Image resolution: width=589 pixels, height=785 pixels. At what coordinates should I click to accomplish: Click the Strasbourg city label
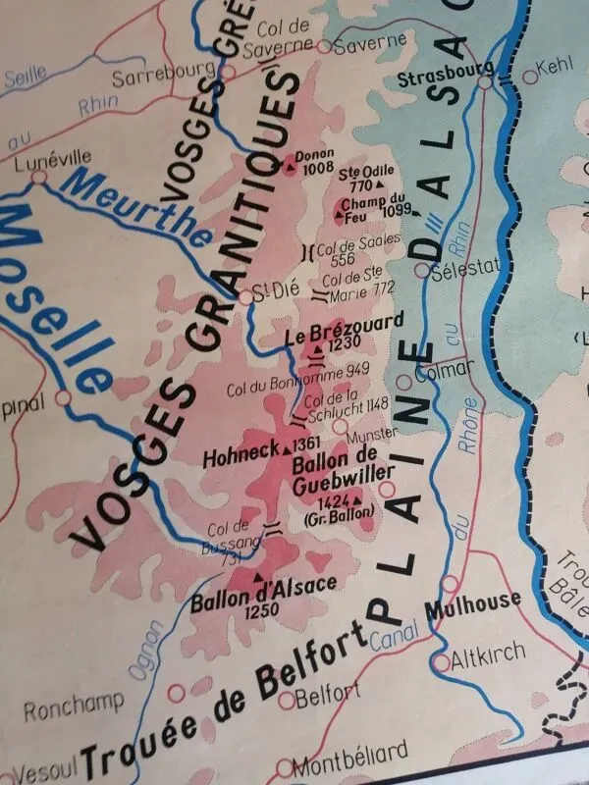441,72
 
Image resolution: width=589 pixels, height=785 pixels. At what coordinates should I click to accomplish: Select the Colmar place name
445,372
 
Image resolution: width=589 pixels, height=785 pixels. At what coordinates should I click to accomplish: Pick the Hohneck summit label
240,457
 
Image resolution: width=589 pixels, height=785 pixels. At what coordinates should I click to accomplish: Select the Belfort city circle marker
287,700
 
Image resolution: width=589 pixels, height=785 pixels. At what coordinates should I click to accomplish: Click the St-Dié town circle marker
246,296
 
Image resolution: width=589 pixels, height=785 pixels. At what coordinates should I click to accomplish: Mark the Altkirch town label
488,653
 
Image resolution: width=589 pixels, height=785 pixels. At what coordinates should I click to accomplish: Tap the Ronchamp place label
74,705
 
